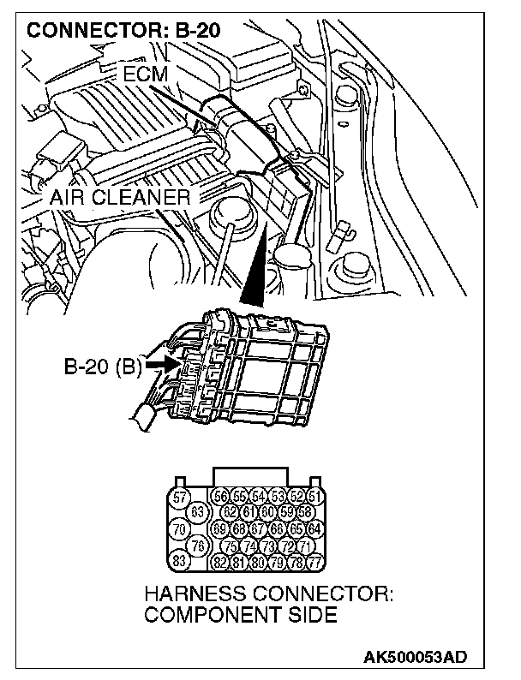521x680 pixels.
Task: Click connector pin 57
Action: tap(180, 498)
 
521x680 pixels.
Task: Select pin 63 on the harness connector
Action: tap(195, 512)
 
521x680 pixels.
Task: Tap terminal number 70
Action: tap(180, 529)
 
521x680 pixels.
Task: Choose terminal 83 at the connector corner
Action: tap(180, 562)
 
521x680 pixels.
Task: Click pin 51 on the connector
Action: tap(314, 497)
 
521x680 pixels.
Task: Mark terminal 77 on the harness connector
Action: tap(314, 563)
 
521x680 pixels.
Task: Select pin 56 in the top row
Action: tap(220, 497)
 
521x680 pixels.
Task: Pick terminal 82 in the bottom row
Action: tap(220, 563)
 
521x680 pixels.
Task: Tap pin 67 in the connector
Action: tap(258, 529)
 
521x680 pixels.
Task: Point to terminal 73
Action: tap(267, 546)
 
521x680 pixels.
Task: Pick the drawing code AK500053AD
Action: tap(415, 658)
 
